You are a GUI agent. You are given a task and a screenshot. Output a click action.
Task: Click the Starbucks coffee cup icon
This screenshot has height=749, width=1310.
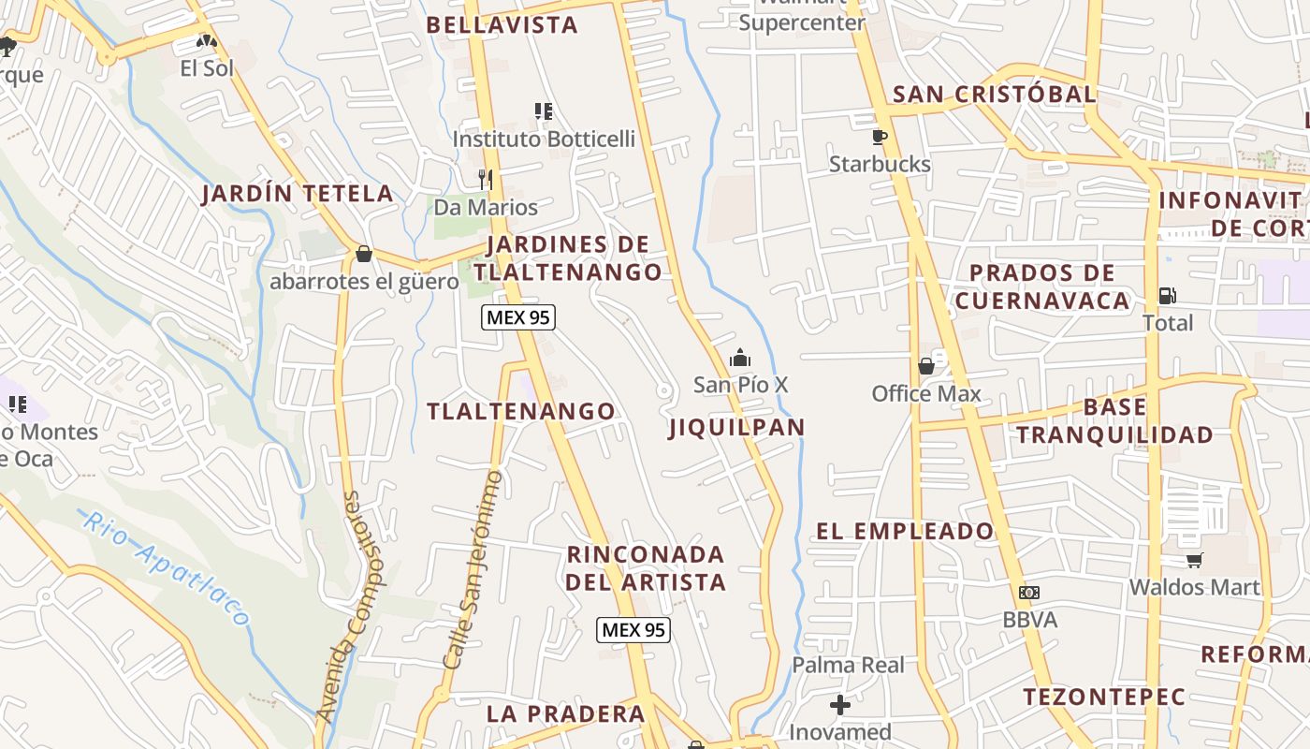[x=880, y=137]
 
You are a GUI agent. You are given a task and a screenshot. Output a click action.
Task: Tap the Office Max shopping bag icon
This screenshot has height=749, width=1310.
[x=926, y=366]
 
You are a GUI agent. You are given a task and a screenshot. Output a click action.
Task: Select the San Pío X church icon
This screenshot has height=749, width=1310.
[x=740, y=358]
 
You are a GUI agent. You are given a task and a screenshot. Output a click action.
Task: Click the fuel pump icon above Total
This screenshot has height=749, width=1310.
[x=1167, y=296]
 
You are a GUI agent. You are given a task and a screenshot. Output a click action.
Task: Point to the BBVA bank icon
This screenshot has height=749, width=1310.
[x=1029, y=593]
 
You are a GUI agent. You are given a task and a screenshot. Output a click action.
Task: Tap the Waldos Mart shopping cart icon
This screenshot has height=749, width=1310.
[x=1194, y=560]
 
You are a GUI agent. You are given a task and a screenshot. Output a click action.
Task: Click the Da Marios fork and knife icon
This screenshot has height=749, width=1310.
[x=485, y=179]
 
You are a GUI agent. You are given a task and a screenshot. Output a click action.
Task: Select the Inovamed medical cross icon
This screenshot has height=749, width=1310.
[x=840, y=704]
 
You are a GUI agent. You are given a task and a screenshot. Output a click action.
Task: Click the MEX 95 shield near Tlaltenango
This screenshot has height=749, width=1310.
[x=518, y=317]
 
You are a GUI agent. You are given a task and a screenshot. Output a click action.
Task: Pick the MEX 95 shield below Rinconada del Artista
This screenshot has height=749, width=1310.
[x=633, y=630]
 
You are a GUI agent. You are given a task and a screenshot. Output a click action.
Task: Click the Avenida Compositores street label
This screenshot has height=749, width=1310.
[x=339, y=606]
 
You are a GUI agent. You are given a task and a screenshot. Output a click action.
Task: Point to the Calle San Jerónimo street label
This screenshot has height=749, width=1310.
[x=473, y=569]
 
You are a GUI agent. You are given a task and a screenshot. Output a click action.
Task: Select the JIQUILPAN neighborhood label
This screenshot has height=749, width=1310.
[x=737, y=428]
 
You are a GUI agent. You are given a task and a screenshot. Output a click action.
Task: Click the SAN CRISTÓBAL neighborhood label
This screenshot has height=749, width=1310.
[x=994, y=95]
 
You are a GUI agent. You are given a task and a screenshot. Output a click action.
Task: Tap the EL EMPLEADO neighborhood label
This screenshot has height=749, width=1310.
[x=905, y=532]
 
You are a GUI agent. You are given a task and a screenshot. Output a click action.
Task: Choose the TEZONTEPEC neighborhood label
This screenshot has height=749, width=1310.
[x=1104, y=698]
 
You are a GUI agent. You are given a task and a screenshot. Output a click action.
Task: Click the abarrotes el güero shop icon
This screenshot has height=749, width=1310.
[x=364, y=254]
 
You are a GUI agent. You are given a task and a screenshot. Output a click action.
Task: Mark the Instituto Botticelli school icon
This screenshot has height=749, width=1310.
[x=544, y=112]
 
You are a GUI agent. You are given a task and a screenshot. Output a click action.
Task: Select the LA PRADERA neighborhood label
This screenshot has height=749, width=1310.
[x=566, y=714]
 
